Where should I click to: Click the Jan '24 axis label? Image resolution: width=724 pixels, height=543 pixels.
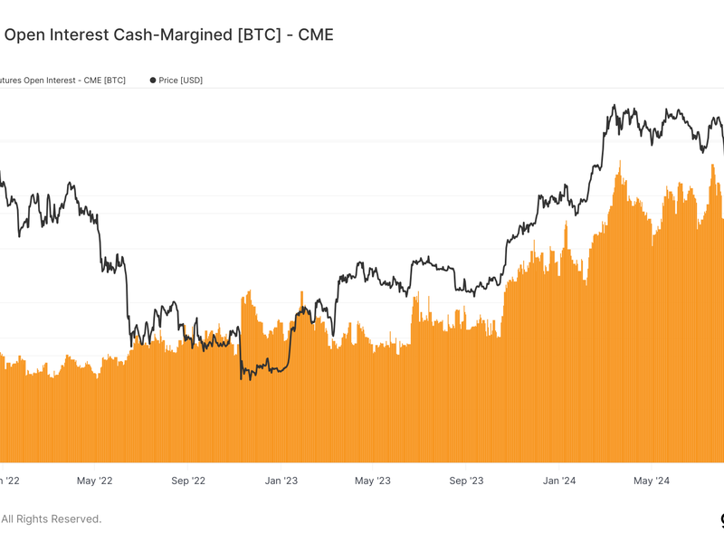[x=558, y=481]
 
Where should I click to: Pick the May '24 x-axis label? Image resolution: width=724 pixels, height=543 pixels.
[x=651, y=481]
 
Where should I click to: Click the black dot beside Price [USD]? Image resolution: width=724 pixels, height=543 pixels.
[x=152, y=81]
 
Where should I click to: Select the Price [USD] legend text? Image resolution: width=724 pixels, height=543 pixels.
[x=180, y=81]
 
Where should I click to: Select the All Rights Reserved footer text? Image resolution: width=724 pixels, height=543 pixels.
[x=51, y=519]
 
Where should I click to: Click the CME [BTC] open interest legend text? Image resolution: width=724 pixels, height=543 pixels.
[x=63, y=81]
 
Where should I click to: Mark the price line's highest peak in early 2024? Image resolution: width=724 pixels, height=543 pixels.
[x=615, y=106]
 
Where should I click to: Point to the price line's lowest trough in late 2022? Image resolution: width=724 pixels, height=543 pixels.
[x=242, y=378]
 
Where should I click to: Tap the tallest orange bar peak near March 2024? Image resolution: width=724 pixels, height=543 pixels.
[x=620, y=162]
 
